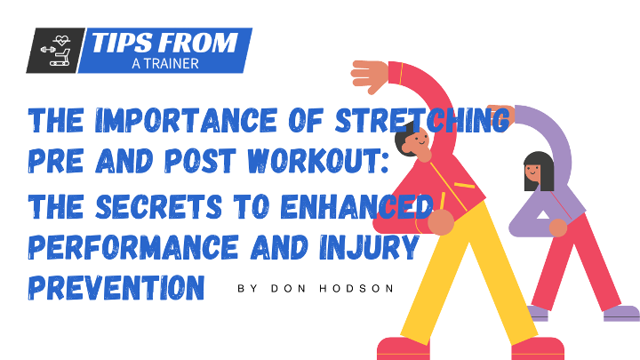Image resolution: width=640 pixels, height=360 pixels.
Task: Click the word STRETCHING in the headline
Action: (x=422, y=120)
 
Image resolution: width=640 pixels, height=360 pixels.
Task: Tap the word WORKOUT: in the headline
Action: (x=318, y=160)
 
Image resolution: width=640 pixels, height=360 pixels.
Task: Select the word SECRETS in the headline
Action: (x=158, y=206)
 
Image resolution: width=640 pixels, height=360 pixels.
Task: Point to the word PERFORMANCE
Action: (x=133, y=247)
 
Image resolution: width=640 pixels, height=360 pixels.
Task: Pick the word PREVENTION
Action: (x=116, y=288)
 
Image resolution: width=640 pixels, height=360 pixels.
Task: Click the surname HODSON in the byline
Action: (x=356, y=289)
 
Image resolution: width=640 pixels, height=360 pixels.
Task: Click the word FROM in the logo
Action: (x=198, y=43)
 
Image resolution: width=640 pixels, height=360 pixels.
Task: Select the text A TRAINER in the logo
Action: (x=165, y=64)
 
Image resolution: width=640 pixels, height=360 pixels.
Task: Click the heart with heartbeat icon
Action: (x=61, y=40)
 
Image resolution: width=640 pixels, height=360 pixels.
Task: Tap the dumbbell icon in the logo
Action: (x=48, y=50)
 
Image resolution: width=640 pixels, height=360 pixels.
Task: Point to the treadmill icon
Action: (x=60, y=58)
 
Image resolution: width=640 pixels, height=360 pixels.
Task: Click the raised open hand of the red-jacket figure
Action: (x=370, y=76)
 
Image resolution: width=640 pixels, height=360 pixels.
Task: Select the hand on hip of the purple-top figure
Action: (x=558, y=228)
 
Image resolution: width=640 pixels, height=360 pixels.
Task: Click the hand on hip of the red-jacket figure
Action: (x=441, y=222)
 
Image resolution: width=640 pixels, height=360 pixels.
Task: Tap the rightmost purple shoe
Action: (x=621, y=313)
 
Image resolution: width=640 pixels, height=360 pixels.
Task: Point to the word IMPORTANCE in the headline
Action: (x=186, y=120)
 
